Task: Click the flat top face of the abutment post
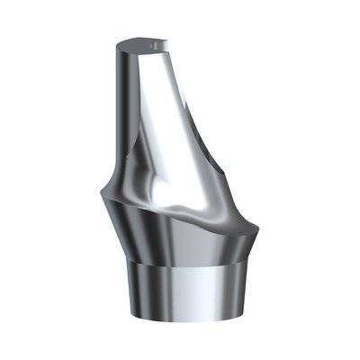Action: [142, 41]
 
